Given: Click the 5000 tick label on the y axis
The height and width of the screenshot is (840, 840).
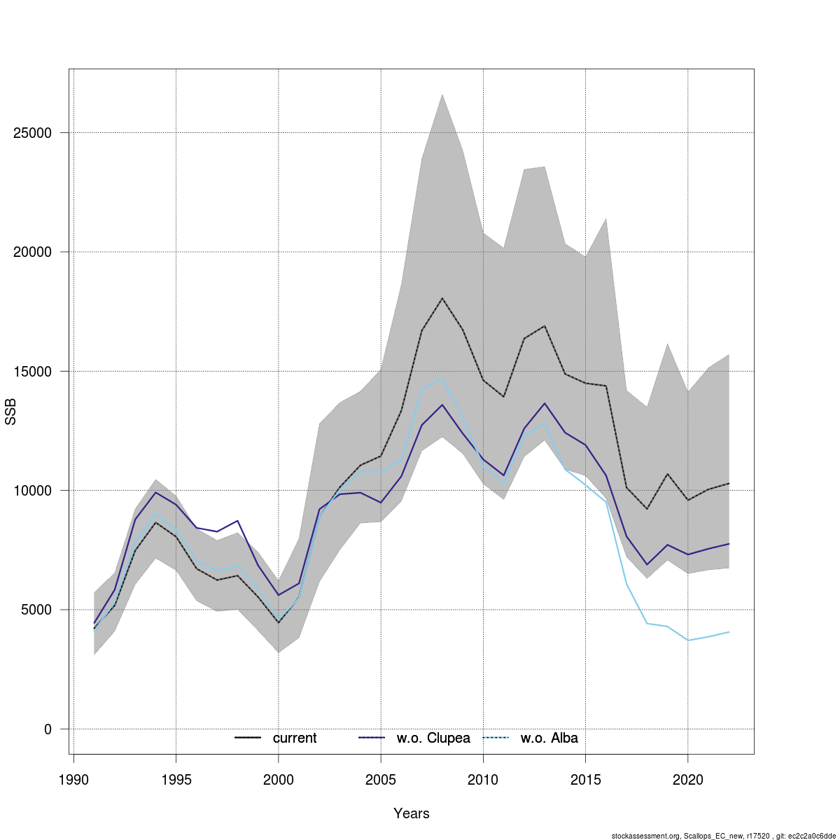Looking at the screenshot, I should (x=36, y=610).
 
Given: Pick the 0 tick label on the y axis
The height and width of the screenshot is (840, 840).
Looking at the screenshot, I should (x=48, y=729).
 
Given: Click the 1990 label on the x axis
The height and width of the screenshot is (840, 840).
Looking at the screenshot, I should (x=73, y=780).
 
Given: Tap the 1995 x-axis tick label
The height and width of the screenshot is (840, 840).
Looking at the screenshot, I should (x=176, y=780).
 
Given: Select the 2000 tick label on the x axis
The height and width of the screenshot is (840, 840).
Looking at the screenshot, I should (x=279, y=780).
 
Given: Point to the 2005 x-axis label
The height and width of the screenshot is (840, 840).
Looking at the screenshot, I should (x=381, y=780).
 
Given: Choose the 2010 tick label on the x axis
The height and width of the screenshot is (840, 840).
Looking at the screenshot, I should (x=483, y=780).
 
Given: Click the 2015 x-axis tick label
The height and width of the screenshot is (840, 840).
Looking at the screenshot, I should (x=586, y=780).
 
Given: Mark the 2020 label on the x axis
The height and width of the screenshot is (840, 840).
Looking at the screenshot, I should (x=688, y=780).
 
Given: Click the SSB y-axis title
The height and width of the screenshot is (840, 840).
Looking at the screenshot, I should (x=10, y=412).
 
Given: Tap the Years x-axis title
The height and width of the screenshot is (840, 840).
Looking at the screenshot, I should (x=412, y=813).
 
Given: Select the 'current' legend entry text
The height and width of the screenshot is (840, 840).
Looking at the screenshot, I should (x=295, y=738).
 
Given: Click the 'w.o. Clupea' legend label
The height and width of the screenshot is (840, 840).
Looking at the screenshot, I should (x=433, y=738).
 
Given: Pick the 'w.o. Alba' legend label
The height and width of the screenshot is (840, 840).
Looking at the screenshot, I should (x=549, y=738).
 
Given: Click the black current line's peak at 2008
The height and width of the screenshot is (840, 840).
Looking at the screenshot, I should (x=442, y=298).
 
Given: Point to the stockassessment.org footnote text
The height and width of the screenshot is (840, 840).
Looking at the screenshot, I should (x=724, y=836).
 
